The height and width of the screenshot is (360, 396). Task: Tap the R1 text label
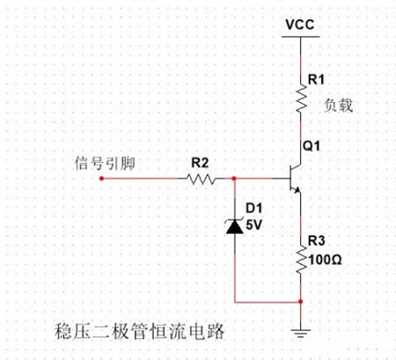315,80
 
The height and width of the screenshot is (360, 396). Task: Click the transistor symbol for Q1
294,177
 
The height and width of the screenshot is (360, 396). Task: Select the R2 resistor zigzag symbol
201,178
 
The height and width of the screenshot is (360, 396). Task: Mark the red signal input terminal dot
102,178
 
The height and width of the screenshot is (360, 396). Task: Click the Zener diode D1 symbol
234,226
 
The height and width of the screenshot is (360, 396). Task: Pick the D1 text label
253,209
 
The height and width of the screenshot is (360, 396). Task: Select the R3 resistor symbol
302,259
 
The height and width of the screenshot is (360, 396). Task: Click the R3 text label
316,242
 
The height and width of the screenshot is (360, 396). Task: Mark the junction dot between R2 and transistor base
234,178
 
